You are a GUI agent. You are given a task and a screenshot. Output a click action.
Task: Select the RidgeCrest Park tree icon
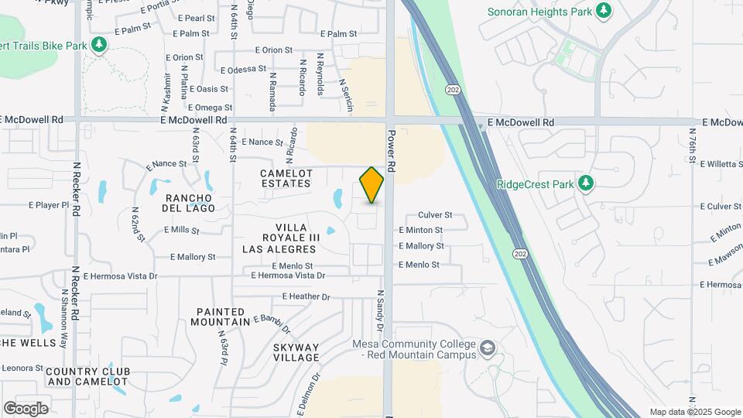[586, 183]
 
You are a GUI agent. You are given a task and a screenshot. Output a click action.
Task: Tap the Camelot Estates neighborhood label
[286, 178]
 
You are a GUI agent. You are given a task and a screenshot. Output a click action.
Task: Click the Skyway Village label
[296, 352]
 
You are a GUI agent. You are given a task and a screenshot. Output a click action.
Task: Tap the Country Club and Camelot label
[87, 376]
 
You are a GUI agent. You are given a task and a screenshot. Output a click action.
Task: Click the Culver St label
[434, 215]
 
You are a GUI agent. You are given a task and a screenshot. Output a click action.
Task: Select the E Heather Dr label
[306, 296]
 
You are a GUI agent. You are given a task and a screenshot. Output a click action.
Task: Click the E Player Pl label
[49, 206]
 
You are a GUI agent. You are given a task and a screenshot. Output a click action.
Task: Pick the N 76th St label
[693, 152]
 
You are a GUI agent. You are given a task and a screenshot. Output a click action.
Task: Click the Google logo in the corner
[26, 408]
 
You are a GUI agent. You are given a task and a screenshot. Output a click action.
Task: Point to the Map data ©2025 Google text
[694, 412]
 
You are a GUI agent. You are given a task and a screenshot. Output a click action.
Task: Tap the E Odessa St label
[243, 69]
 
